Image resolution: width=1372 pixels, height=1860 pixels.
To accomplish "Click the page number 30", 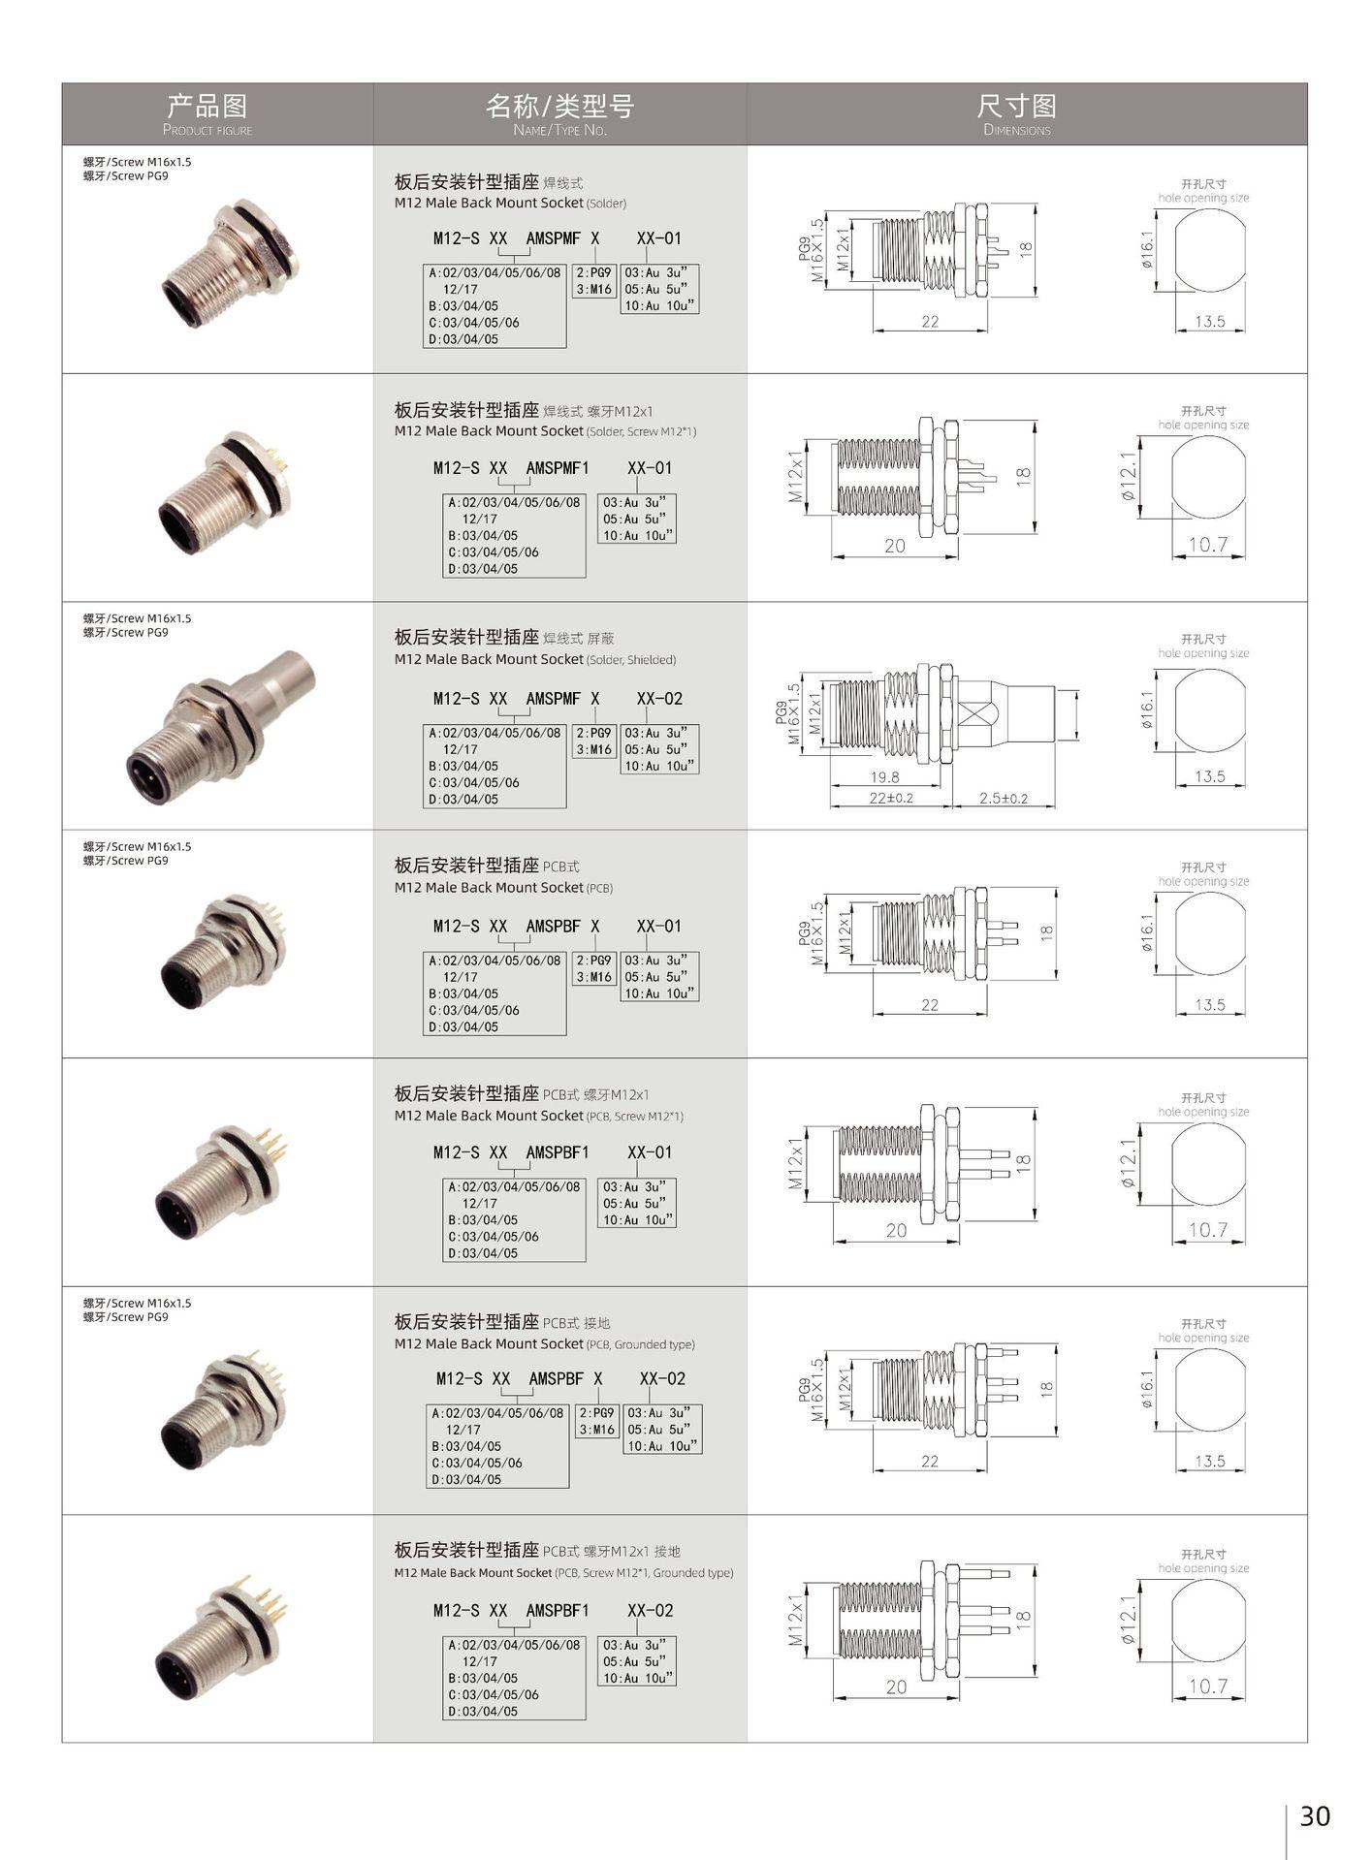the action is pyautogui.click(x=1314, y=1814).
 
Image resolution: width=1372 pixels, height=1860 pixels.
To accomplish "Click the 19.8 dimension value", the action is pyautogui.click(x=884, y=776).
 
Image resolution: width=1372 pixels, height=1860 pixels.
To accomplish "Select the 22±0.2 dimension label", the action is pyautogui.click(x=891, y=798).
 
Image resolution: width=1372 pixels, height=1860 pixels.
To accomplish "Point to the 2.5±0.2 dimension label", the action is pyautogui.click(x=1004, y=798).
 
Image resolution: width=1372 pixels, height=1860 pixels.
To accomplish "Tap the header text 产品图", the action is pyautogui.click(x=207, y=105).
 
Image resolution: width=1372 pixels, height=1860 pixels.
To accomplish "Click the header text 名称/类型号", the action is pyautogui.click(x=559, y=105).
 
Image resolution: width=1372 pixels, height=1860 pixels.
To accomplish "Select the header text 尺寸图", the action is pyautogui.click(x=1016, y=105).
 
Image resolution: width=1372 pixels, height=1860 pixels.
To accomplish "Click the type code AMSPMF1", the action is pyautogui.click(x=558, y=467).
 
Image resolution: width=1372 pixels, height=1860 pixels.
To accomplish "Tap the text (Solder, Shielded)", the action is pyautogui.click(x=631, y=660).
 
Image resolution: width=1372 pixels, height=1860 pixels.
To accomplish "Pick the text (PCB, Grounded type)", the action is pyautogui.click(x=640, y=1344).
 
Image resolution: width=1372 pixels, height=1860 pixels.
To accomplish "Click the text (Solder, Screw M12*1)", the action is pyautogui.click(x=641, y=431).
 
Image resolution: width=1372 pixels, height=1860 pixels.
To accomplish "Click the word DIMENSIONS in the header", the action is pyautogui.click(x=1016, y=130).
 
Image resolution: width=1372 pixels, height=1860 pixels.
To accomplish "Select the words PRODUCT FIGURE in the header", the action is pyautogui.click(x=207, y=130).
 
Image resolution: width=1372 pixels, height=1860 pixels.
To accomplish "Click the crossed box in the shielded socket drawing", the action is pyautogui.click(x=973, y=712).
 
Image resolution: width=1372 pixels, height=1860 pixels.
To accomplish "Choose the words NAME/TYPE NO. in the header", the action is pyautogui.click(x=559, y=130).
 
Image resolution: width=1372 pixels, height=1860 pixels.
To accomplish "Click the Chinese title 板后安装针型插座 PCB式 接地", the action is pyautogui.click(x=502, y=1321).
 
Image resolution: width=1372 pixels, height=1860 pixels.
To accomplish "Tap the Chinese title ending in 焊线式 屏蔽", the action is pyautogui.click(x=504, y=637).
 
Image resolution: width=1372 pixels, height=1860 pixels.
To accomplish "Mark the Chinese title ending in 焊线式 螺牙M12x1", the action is pyautogui.click(x=524, y=409).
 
